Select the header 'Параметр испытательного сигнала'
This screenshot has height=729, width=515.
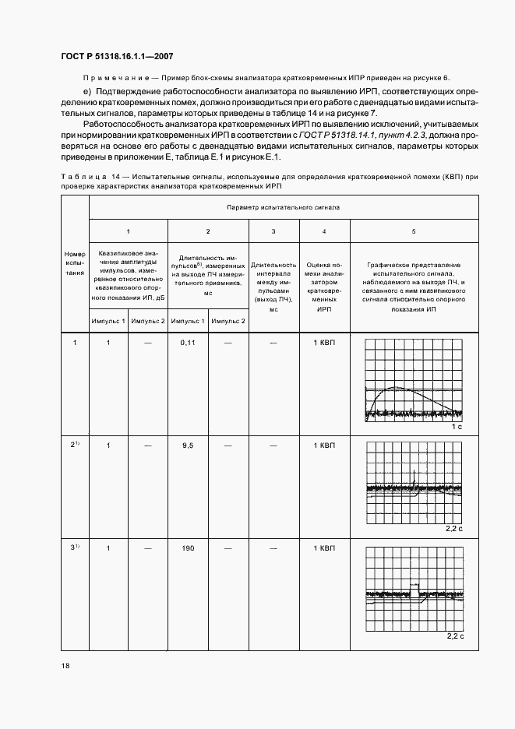(x=283, y=209)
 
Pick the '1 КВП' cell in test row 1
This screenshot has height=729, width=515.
(x=324, y=343)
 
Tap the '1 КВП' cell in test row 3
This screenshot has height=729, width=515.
(x=324, y=548)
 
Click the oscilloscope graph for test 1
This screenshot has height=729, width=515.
(x=414, y=381)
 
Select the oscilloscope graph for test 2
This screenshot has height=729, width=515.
(x=414, y=483)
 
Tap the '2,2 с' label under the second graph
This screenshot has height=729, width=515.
(x=455, y=530)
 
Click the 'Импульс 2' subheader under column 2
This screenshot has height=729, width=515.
(x=228, y=321)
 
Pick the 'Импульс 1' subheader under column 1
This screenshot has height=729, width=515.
(x=108, y=321)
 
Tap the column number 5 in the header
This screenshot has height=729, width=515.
(x=414, y=231)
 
